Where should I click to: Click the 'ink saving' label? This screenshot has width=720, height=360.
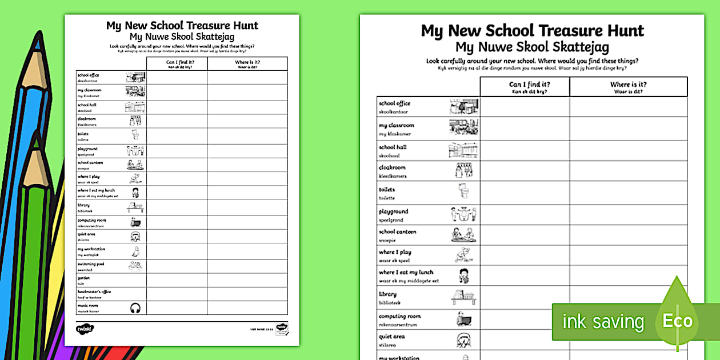pyautogui.click(x=602, y=322)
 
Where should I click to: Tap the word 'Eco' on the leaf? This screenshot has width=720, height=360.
pyautogui.click(x=677, y=321)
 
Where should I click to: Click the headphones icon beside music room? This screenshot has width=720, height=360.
pyautogui.click(x=135, y=308)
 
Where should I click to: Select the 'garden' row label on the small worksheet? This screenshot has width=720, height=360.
pyautogui.click(x=84, y=278)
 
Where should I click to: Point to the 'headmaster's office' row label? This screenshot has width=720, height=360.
pyautogui.click(x=94, y=292)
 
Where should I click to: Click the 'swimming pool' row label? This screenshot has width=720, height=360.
pyautogui.click(x=91, y=263)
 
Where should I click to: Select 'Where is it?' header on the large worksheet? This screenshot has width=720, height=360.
pyautogui.click(x=628, y=85)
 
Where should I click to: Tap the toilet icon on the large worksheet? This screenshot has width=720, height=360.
pyautogui.click(x=463, y=191)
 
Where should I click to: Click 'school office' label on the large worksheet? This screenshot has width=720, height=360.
pyautogui.click(x=394, y=103)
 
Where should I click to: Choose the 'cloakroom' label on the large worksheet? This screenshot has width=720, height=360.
pyautogui.click(x=392, y=167)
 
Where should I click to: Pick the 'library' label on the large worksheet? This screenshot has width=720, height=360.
pyautogui.click(x=387, y=294)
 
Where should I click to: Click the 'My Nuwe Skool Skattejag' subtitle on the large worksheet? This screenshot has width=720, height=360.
pyautogui.click(x=532, y=47)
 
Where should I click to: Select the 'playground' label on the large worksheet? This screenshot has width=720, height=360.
pyautogui.click(x=393, y=211)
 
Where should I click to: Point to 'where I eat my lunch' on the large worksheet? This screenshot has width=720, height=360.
pyautogui.click(x=406, y=273)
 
